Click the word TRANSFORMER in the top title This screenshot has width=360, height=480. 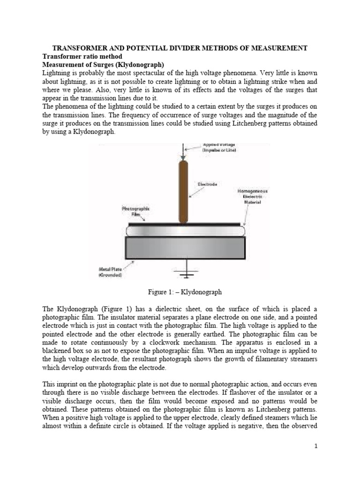(x=77, y=48)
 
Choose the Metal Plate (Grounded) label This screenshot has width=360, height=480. (x=110, y=271)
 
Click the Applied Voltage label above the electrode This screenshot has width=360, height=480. (x=219, y=147)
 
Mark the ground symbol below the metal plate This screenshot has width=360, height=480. (x=187, y=274)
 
